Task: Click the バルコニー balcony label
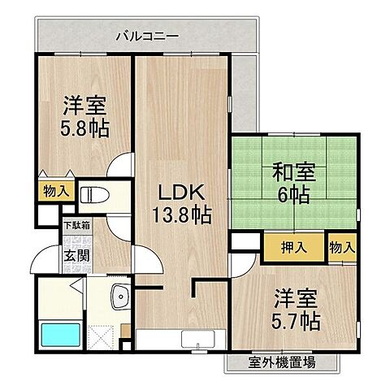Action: (146, 35)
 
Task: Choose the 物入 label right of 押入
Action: (341, 247)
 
